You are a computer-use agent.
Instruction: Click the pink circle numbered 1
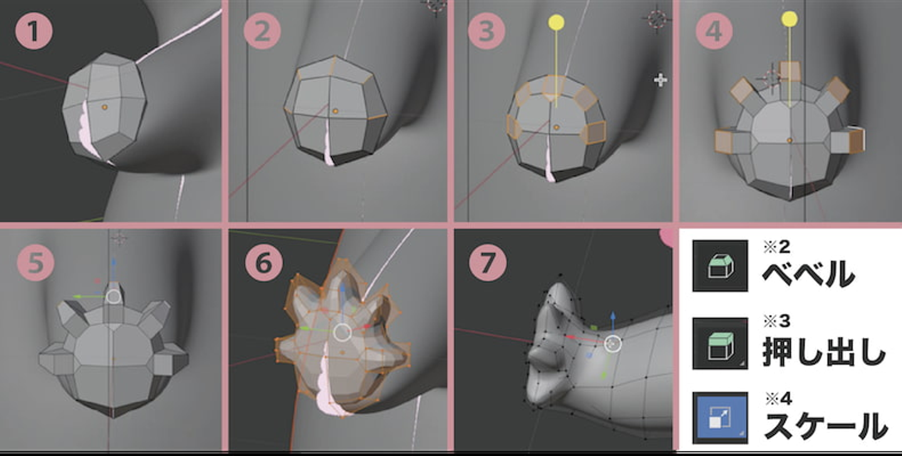coord(34,31)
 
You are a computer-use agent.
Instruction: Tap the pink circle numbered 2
coord(262,31)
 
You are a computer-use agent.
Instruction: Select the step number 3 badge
coord(487,31)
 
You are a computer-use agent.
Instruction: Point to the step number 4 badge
coord(714,31)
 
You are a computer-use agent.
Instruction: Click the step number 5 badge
coord(36,263)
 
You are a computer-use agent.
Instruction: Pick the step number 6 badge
coord(264,263)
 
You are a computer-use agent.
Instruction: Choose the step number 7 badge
coord(487,263)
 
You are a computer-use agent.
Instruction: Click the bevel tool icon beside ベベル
coord(720,266)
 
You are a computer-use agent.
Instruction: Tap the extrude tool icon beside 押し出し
coord(720,343)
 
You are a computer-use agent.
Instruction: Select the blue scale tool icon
coord(720,418)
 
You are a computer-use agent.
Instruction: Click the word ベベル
coord(808,273)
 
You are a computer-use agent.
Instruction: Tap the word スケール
coord(826,426)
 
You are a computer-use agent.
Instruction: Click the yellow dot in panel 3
coord(556,23)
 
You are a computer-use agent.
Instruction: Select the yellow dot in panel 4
coord(789,19)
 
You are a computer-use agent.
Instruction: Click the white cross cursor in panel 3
coord(660,80)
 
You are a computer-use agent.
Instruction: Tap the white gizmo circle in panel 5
coord(113,296)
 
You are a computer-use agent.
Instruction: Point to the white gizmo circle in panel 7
coord(613,344)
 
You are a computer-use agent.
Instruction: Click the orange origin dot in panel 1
coord(104,107)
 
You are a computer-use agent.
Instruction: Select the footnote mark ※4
coord(779,399)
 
